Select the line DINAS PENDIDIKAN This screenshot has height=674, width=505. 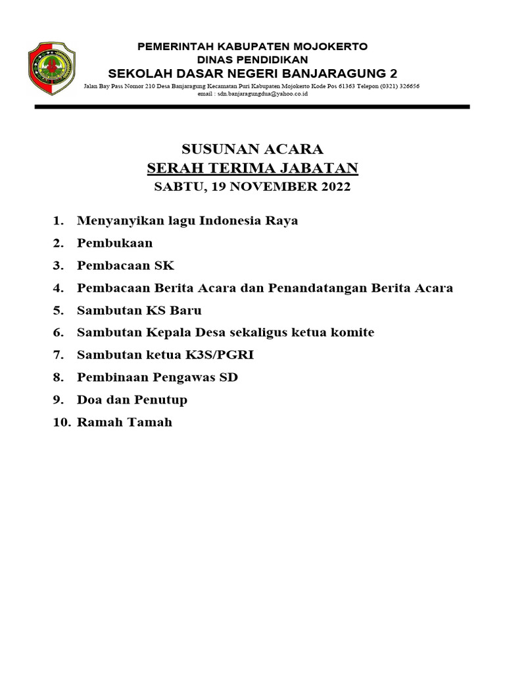point(252,59)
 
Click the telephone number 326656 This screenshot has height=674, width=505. point(408,86)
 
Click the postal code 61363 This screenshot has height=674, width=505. point(339,86)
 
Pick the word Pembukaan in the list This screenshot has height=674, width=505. point(114,243)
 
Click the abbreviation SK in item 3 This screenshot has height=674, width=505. point(164,265)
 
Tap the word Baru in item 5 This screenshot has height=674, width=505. point(187,310)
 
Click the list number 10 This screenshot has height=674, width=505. point(61,422)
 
